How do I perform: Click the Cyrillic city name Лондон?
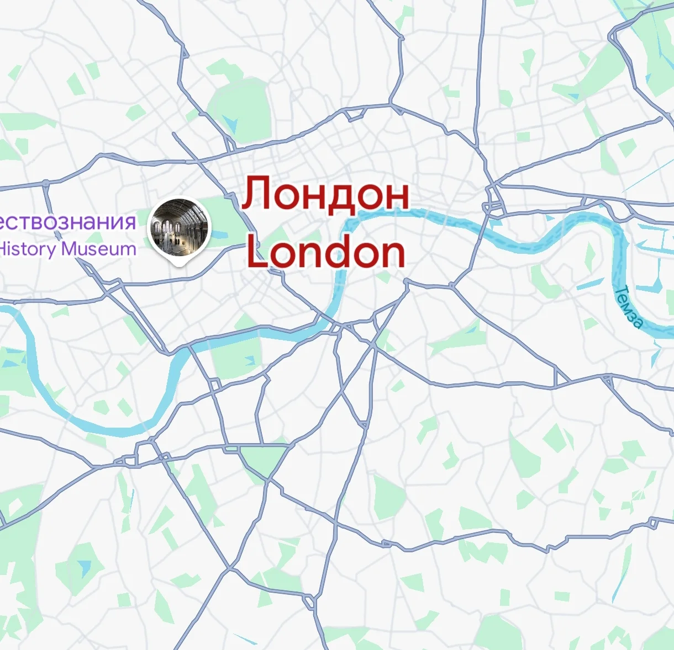coord(326,194)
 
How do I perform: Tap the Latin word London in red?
coord(326,252)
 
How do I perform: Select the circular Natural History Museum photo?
coord(180,227)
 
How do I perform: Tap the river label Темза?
coord(629,307)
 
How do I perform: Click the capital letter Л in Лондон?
coord(258,194)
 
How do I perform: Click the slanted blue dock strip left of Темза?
coord(590,284)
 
